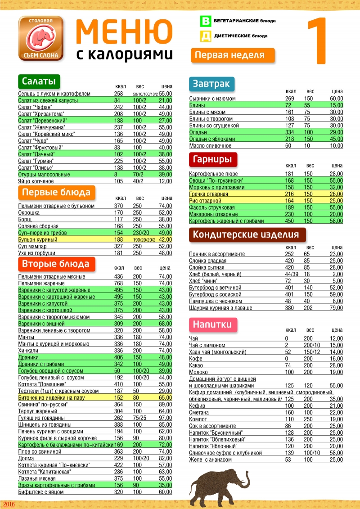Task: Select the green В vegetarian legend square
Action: pyautogui.click(x=206, y=21)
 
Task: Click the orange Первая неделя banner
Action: pyautogui.click(x=233, y=55)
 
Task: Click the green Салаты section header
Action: pyautogui.click(x=39, y=81)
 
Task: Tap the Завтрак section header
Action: pyautogui.click(x=211, y=83)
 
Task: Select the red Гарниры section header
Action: pyautogui.click(x=212, y=159)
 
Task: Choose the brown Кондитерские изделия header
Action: pyautogui.click(x=246, y=234)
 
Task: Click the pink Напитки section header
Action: pyautogui.click(x=212, y=324)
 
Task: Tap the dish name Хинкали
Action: pyautogui.click(x=28, y=351)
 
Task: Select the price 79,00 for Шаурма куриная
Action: pyautogui.click(x=336, y=308)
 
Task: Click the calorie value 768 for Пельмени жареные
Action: pyautogui.click(x=119, y=284)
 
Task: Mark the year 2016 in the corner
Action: pyautogui.click(x=9, y=504)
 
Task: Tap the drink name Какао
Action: pyautogui.click(x=196, y=365)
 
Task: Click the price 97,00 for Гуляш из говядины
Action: pyautogui.click(x=165, y=417)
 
